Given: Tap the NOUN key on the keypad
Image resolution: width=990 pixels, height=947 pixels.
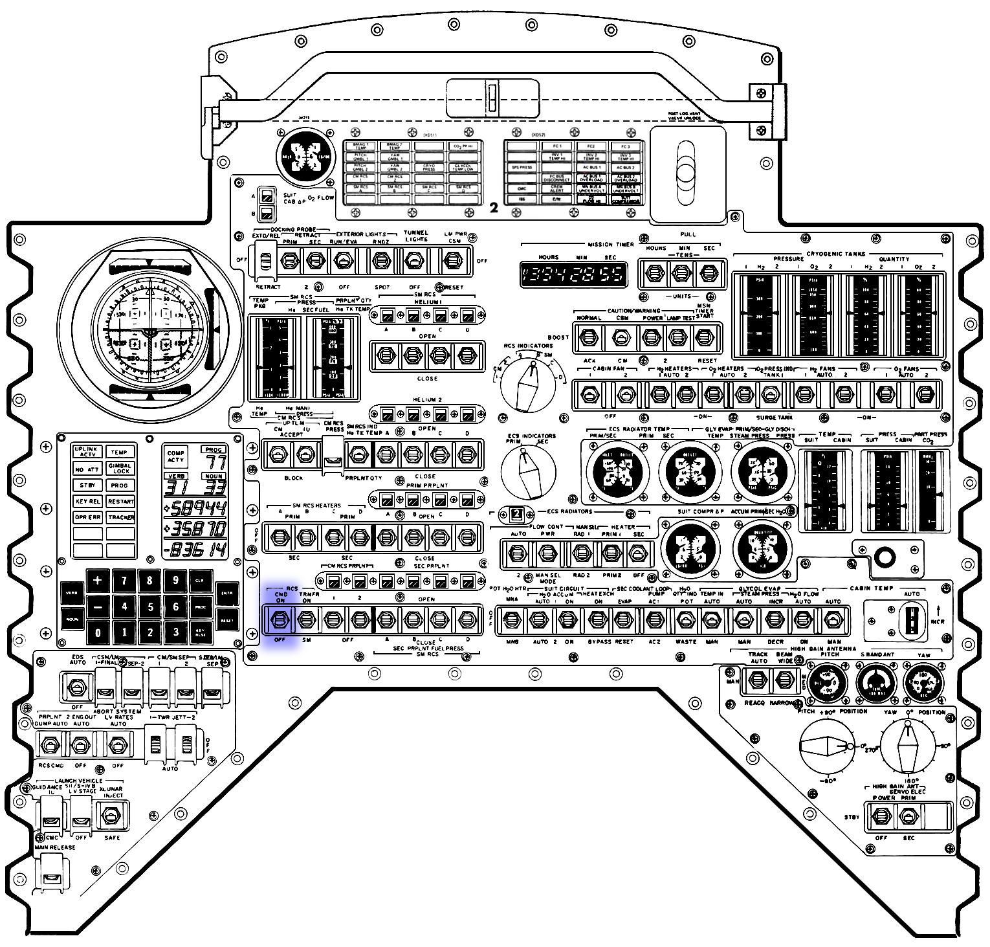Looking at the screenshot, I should tap(72, 619).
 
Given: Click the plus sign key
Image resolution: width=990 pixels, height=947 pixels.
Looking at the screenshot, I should tap(98, 581).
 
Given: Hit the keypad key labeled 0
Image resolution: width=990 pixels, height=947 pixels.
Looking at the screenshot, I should tap(98, 632).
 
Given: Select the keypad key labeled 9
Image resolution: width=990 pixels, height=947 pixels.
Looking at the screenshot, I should tap(175, 581).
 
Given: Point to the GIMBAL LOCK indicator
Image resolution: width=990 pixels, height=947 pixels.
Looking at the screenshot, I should tap(120, 468).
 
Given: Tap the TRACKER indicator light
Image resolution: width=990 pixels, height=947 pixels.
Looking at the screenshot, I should tap(120, 517).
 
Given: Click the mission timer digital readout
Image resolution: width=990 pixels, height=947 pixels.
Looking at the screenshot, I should tap(573, 274).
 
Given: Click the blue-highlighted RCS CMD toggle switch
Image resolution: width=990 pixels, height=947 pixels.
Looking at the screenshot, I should tap(280, 620).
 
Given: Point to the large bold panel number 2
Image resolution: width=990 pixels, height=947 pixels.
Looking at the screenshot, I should tap(494, 208).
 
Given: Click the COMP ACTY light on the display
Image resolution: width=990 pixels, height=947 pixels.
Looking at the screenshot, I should tap(176, 456).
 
